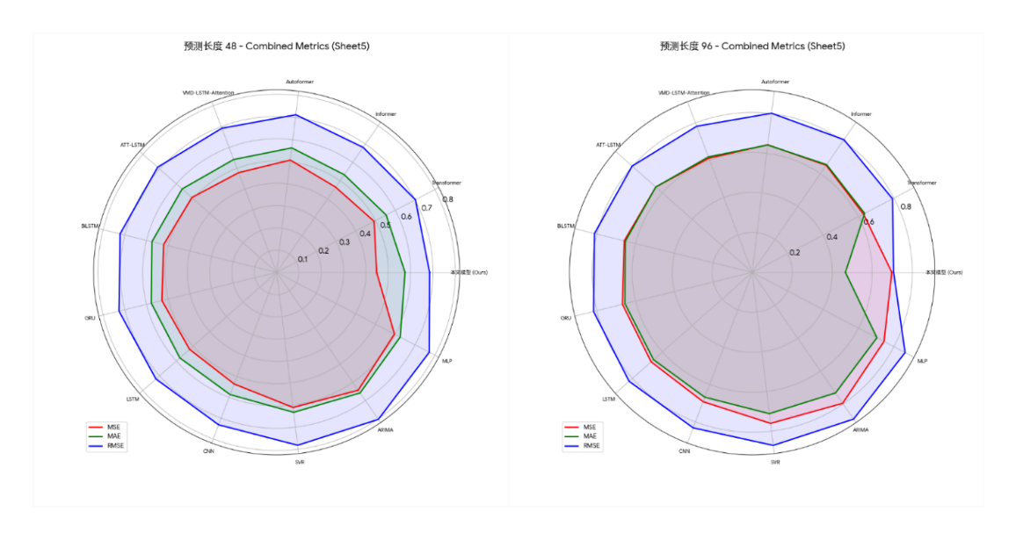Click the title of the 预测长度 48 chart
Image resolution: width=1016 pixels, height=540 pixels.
pyautogui.click(x=270, y=46)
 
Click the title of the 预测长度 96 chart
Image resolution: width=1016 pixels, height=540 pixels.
pyautogui.click(x=752, y=46)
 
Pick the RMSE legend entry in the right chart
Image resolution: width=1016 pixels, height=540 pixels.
pyautogui.click(x=585, y=446)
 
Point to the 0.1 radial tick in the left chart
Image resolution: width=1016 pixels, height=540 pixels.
pyautogui.click(x=302, y=259)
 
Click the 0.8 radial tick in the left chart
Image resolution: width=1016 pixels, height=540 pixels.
pyautogui.click(x=447, y=199)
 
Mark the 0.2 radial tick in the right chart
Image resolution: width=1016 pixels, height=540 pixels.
pyautogui.click(x=795, y=253)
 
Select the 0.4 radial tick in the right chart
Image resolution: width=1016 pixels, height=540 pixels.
pyautogui.click(x=831, y=237)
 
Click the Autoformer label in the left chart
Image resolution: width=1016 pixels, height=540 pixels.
pyautogui.click(x=300, y=82)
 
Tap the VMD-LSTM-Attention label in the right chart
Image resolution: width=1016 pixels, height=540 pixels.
pyautogui.click(x=684, y=92)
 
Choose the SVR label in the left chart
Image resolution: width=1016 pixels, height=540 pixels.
pyautogui.click(x=300, y=462)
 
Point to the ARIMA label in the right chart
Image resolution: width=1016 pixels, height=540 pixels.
pyautogui.click(x=860, y=430)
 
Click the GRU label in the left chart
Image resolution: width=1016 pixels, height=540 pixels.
pyautogui.click(x=90, y=318)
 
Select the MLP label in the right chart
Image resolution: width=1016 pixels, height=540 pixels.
pyautogui.click(x=922, y=361)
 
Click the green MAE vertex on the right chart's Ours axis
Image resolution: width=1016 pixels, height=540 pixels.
pyautogui.click(x=845, y=272)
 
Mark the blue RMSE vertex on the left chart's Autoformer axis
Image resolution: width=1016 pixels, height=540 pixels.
pyautogui.click(x=296, y=115)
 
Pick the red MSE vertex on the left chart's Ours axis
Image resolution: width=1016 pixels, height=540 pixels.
pyautogui.click(x=376, y=272)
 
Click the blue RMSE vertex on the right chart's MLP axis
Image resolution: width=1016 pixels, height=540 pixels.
pyautogui.click(x=904, y=352)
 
